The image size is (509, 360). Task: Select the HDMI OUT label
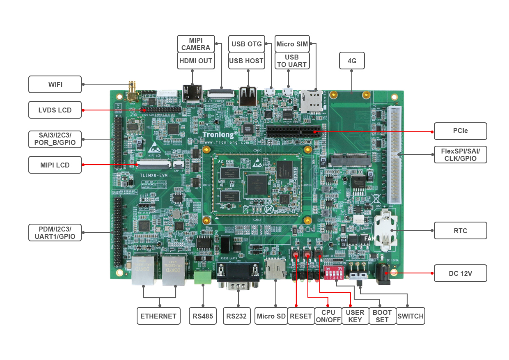click(196, 61)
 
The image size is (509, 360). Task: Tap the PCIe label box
click(460, 131)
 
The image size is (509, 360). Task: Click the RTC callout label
click(460, 230)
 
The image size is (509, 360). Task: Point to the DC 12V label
click(460, 273)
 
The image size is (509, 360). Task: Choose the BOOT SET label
click(382, 316)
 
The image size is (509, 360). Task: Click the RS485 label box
click(203, 316)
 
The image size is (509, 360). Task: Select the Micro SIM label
click(292, 44)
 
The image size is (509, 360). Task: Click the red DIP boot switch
click(333, 272)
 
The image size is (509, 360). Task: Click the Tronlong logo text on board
click(220, 134)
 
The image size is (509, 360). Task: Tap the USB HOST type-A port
click(248, 96)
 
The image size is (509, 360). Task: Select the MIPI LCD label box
click(55, 165)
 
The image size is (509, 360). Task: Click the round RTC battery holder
click(385, 230)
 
